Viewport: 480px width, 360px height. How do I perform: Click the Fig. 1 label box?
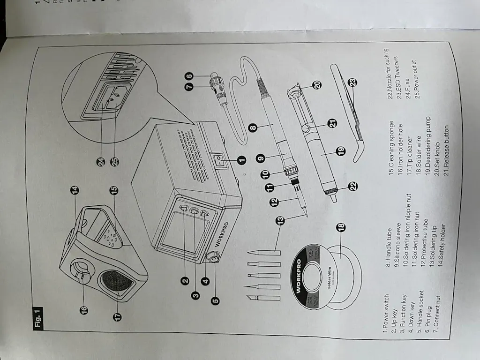click(x=38, y=318)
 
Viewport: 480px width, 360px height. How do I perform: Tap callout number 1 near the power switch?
click(x=242, y=160)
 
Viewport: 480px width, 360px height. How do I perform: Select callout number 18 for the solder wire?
click(x=341, y=228)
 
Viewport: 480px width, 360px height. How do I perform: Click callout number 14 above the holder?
click(x=75, y=190)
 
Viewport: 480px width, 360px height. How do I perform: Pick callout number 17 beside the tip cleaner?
click(x=117, y=316)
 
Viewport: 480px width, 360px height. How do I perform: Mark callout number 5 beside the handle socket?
click(x=215, y=301)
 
